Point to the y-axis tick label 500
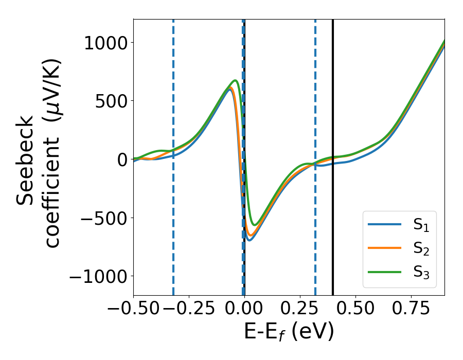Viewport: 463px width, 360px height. click(111, 101)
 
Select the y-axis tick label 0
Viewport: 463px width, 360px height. click(122, 159)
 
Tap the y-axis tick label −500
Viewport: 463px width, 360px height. click(103, 218)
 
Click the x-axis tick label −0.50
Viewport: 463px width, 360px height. click(133, 308)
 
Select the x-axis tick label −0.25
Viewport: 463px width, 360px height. click(189, 308)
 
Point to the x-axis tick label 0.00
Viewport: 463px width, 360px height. click(244, 308)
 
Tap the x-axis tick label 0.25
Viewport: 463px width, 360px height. click(300, 308)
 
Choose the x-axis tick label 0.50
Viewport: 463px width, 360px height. click(355, 308)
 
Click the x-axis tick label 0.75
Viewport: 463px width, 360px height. click(411, 308)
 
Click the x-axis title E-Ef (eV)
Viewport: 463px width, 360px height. click(289, 332)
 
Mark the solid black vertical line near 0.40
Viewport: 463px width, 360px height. click(333, 103)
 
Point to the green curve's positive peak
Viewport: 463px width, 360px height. click(235, 81)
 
